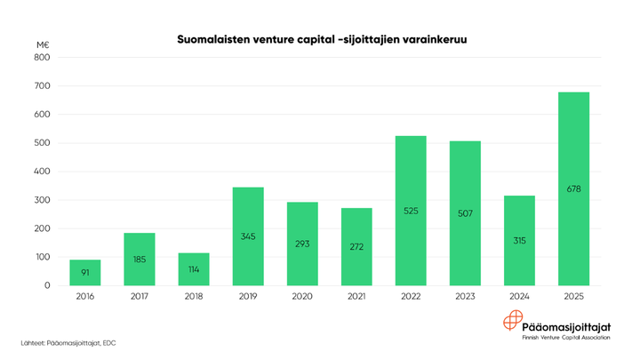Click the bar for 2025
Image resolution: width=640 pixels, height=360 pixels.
(x=573, y=188)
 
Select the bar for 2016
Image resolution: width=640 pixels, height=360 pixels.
(x=85, y=272)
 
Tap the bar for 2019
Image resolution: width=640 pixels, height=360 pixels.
(x=248, y=236)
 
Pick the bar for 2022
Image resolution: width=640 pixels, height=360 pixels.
(x=411, y=210)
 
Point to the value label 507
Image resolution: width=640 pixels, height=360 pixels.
(x=465, y=213)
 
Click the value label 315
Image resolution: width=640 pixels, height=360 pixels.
(x=519, y=241)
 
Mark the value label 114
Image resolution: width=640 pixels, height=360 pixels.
(x=194, y=269)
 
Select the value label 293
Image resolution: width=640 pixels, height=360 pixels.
(x=302, y=244)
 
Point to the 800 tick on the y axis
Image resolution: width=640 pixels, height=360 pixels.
(x=42, y=58)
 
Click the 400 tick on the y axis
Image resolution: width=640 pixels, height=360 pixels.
(x=42, y=172)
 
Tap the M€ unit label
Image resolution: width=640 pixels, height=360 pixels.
(x=43, y=44)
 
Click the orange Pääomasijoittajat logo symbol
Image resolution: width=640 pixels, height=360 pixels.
(x=513, y=323)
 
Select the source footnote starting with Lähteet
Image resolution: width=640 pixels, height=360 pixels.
(x=68, y=342)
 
